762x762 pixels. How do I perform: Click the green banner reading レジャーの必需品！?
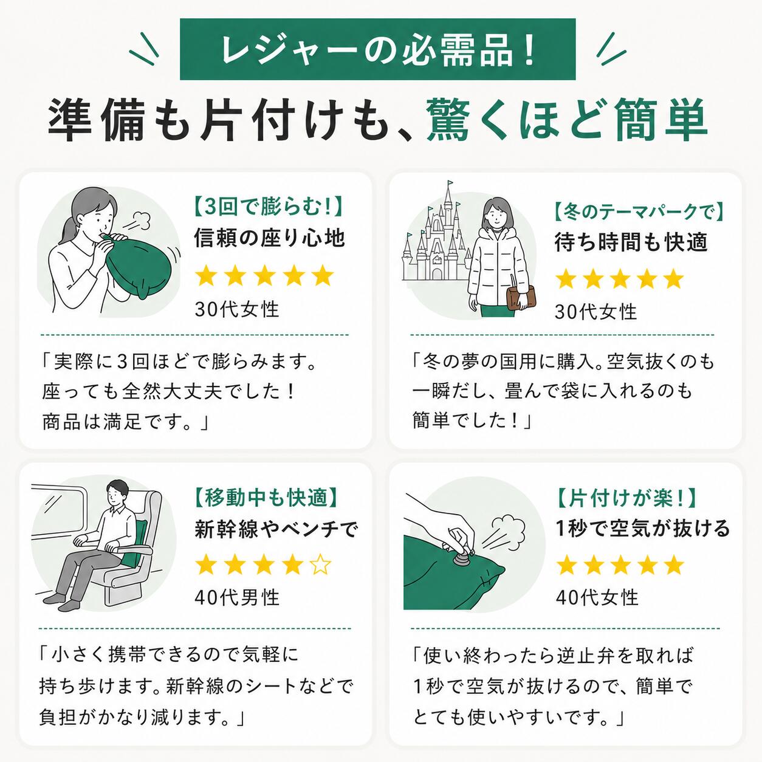point(377,49)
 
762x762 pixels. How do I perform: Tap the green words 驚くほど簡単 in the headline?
point(567,120)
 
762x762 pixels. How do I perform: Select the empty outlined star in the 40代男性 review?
point(321,565)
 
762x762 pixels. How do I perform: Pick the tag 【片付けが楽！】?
point(626,498)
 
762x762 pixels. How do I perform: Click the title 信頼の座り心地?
point(270,239)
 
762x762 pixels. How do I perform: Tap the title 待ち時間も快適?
point(630,242)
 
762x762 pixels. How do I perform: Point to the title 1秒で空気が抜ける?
point(642,529)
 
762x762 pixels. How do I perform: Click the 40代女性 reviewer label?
point(597,597)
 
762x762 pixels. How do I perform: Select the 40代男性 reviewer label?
point(237,597)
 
